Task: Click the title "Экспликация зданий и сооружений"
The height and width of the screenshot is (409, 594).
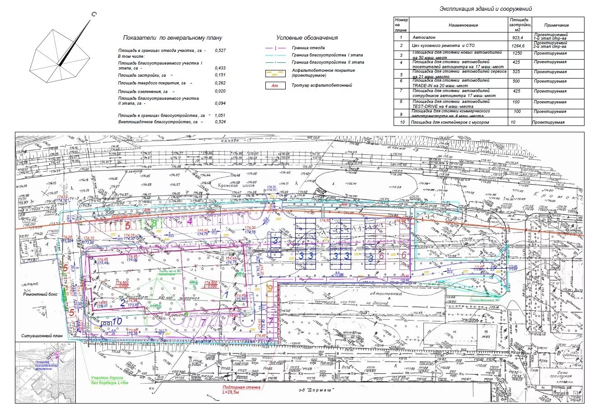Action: click(486, 9)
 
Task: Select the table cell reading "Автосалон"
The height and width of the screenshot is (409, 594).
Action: click(423, 37)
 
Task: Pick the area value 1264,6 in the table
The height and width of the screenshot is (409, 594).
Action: click(519, 46)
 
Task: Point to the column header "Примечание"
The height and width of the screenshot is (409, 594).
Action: click(556, 26)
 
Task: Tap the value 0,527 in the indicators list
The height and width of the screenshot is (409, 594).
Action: click(220, 51)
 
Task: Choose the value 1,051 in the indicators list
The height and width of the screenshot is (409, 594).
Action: click(220, 116)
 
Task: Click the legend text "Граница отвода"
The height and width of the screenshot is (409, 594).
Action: click(308, 47)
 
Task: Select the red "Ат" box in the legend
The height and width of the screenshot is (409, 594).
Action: click(274, 85)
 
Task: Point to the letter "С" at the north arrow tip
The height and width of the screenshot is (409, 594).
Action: click(94, 14)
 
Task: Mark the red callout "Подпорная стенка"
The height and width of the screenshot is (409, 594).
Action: click(241, 387)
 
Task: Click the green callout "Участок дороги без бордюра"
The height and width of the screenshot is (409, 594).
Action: click(110, 380)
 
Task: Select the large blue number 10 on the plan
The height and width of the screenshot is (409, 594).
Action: click(117, 321)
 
